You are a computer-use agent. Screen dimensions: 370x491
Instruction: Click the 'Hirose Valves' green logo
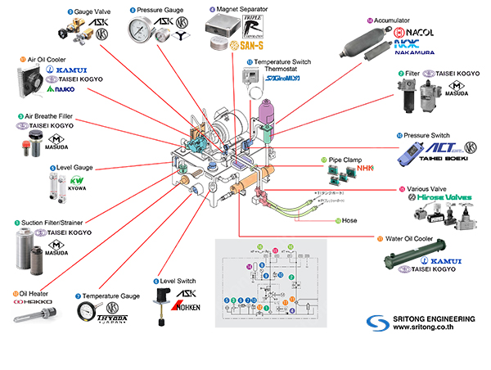(x=435, y=197)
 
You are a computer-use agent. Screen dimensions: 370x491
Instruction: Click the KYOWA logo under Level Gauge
(x=76, y=180)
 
